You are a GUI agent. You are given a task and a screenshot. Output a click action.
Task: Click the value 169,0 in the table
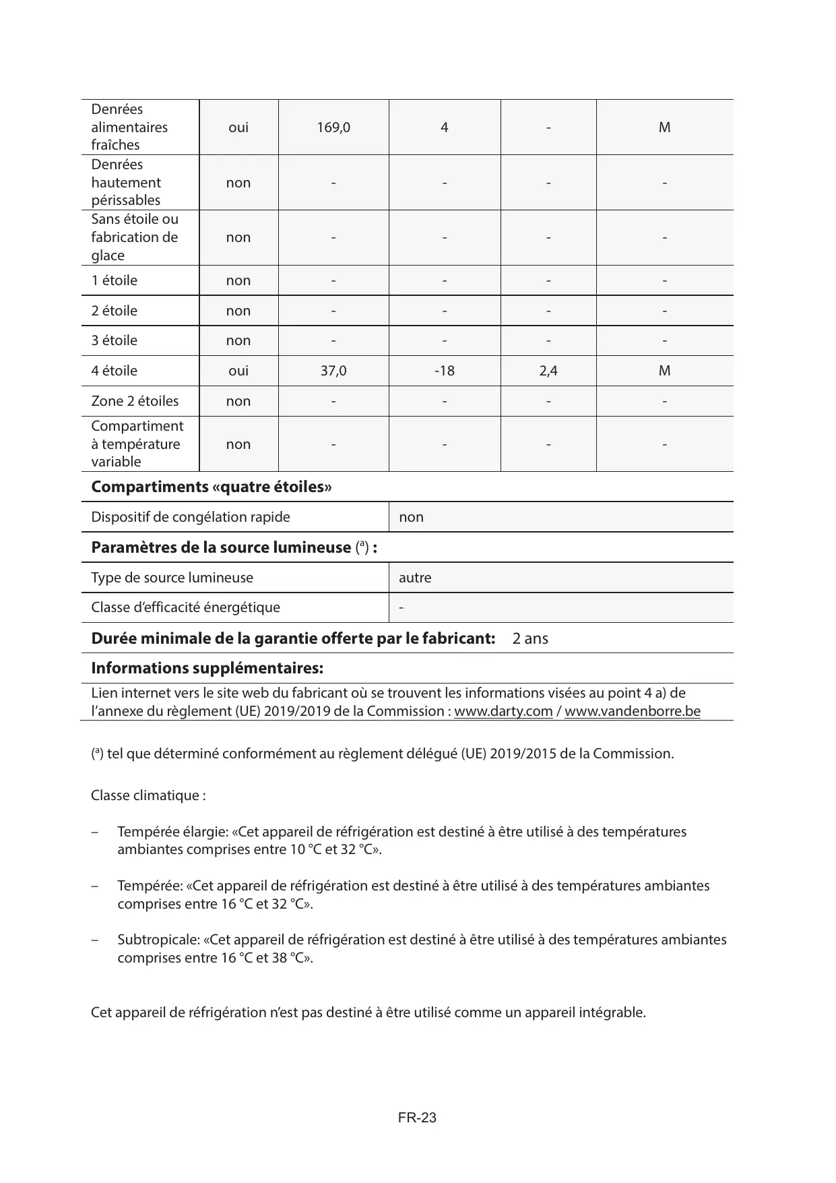(x=333, y=127)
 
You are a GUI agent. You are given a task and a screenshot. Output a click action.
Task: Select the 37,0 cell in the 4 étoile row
(x=333, y=371)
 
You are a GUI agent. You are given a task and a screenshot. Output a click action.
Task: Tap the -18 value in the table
(x=445, y=371)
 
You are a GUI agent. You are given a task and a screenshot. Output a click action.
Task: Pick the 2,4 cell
(x=548, y=371)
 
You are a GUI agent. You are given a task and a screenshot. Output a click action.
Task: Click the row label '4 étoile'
(x=115, y=371)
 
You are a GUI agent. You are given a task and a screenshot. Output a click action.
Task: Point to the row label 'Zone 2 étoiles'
(x=135, y=401)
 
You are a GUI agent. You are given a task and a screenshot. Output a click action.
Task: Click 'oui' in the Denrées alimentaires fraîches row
(x=238, y=127)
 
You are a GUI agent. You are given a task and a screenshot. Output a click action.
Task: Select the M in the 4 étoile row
(x=664, y=371)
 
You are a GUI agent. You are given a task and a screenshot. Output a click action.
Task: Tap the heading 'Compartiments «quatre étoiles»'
(x=211, y=487)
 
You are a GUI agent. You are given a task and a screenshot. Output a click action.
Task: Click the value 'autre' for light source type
(x=415, y=578)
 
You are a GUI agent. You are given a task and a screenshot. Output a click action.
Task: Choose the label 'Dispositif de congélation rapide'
(x=191, y=517)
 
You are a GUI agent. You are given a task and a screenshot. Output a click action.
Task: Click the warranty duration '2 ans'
(x=530, y=638)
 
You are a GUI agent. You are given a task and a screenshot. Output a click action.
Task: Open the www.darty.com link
(x=503, y=711)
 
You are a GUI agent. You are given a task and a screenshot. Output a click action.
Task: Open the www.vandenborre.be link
(x=633, y=711)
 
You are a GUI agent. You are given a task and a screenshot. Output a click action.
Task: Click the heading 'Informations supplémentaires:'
(x=207, y=668)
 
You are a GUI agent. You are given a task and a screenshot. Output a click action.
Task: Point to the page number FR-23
(x=417, y=1118)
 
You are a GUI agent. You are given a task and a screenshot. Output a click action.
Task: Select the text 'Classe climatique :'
(x=148, y=795)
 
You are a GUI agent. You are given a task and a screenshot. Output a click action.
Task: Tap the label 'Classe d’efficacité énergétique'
(x=185, y=607)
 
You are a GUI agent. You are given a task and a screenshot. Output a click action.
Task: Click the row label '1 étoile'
(x=115, y=280)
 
